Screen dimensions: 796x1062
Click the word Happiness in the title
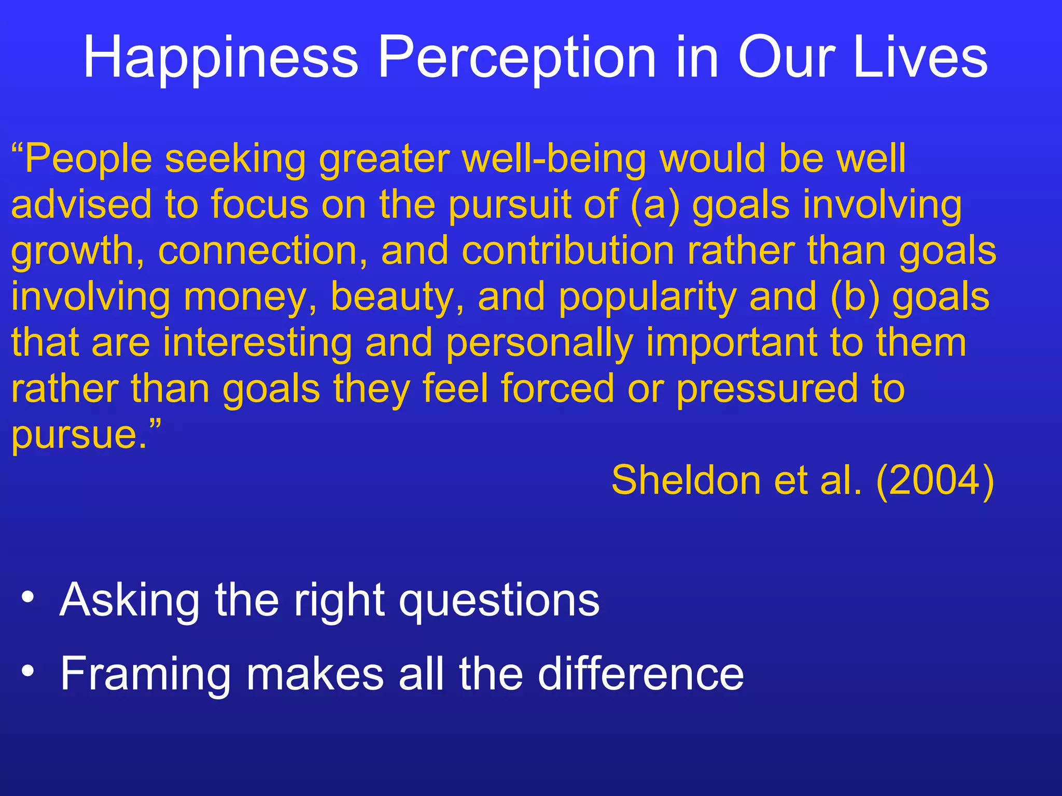[x=221, y=58]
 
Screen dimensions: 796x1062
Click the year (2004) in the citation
[x=935, y=480]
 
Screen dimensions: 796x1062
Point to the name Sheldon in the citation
[x=686, y=480]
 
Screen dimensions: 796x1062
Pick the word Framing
[x=146, y=675]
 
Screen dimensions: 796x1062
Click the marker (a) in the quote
[x=655, y=205]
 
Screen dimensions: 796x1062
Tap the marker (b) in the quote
[x=855, y=297]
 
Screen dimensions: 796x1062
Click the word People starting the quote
[x=88, y=159]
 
